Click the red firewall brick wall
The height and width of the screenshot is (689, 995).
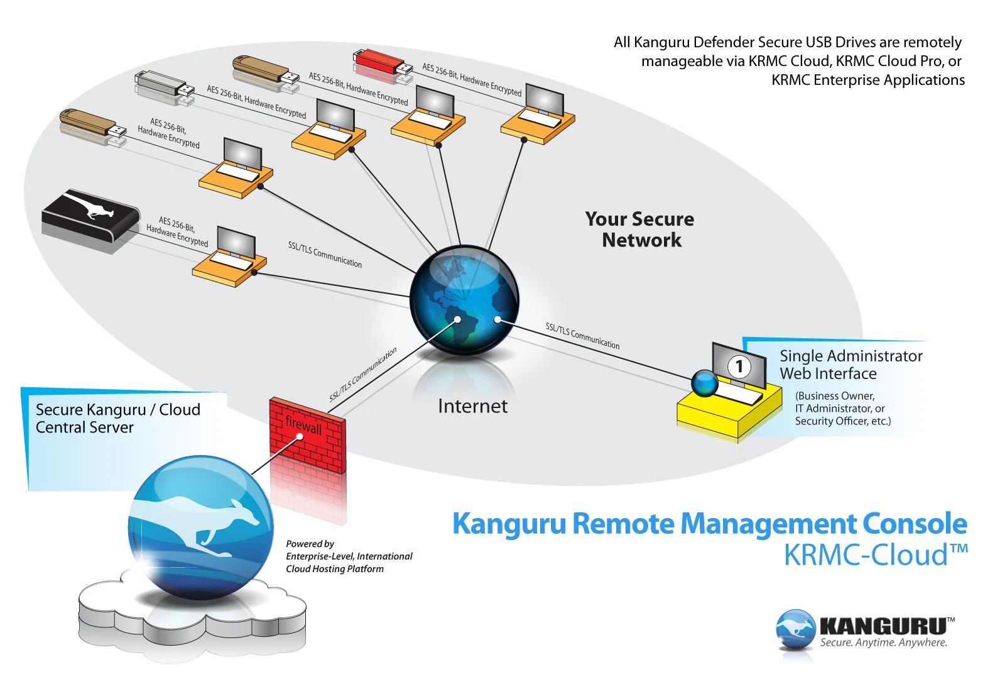307,435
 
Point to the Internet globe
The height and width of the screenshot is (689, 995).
464,300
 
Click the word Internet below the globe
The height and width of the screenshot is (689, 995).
472,406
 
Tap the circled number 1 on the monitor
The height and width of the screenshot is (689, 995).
739,367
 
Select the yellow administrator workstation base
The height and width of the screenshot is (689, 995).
729,411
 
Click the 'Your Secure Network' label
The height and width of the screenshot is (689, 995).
639,229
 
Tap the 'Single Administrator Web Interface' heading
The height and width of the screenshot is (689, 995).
851,365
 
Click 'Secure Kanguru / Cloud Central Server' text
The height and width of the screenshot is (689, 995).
117,418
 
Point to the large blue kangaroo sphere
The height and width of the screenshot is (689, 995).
201,527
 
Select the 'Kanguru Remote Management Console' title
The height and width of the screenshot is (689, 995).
709,524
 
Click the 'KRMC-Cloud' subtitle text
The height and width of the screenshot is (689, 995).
876,554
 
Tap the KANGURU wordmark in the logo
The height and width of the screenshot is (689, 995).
886,626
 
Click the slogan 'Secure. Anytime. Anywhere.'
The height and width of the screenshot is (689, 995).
884,642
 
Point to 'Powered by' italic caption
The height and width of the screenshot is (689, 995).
310,544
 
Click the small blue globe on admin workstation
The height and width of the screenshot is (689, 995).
705,383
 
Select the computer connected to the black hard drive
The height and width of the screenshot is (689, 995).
230,257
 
